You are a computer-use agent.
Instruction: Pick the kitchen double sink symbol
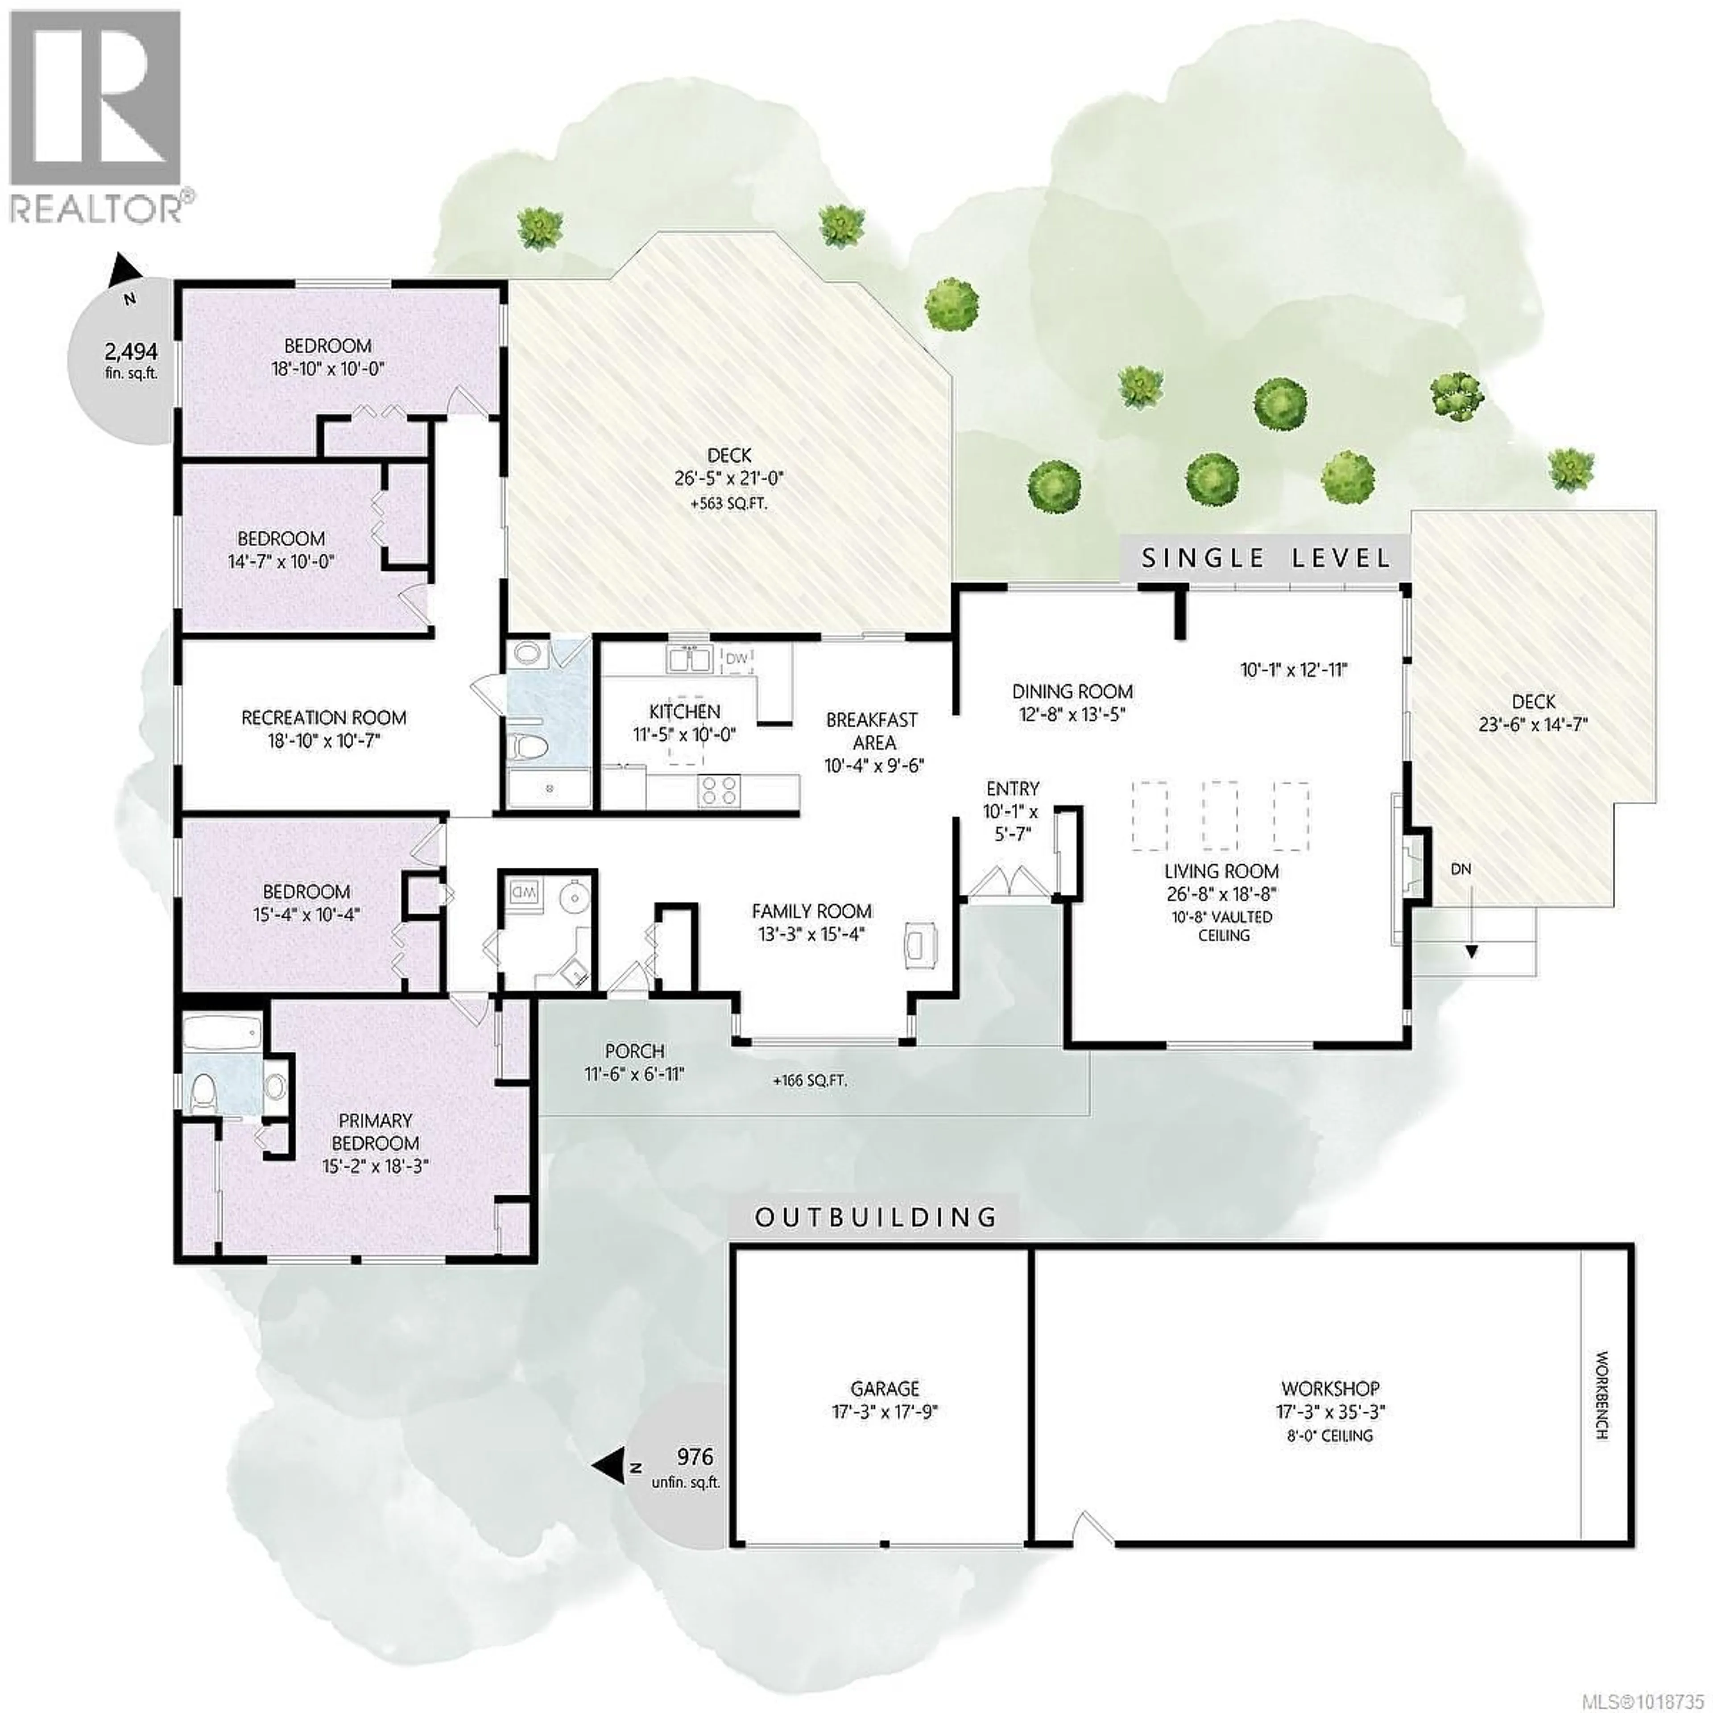point(690,660)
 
